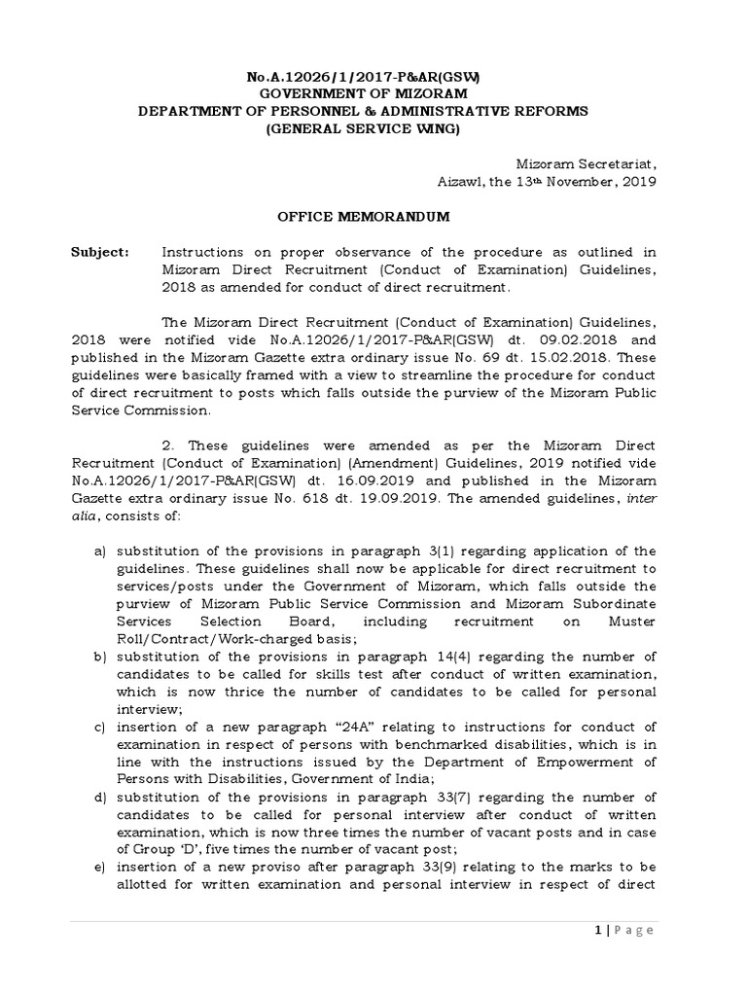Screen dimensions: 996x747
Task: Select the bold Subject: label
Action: (x=99, y=252)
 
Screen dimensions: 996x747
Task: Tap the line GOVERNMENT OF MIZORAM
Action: (x=362, y=92)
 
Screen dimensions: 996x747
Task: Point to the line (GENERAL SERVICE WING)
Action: (x=362, y=128)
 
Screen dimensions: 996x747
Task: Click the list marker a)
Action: (x=100, y=551)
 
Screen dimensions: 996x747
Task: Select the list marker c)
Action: (x=100, y=727)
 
